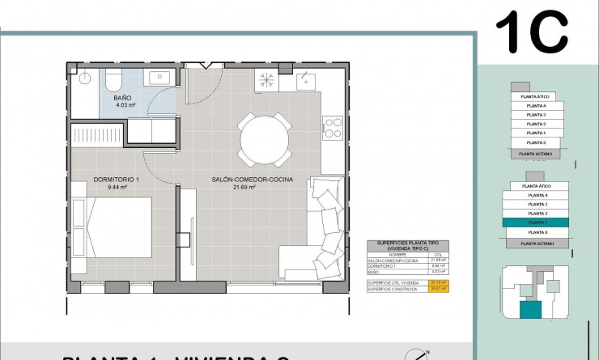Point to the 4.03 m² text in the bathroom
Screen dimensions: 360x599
click(x=124, y=105)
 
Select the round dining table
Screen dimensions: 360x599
click(x=264, y=138)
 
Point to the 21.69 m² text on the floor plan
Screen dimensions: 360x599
click(x=244, y=187)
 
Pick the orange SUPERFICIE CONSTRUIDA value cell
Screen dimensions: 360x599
click(x=439, y=288)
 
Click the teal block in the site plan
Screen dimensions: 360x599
click(x=531, y=309)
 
